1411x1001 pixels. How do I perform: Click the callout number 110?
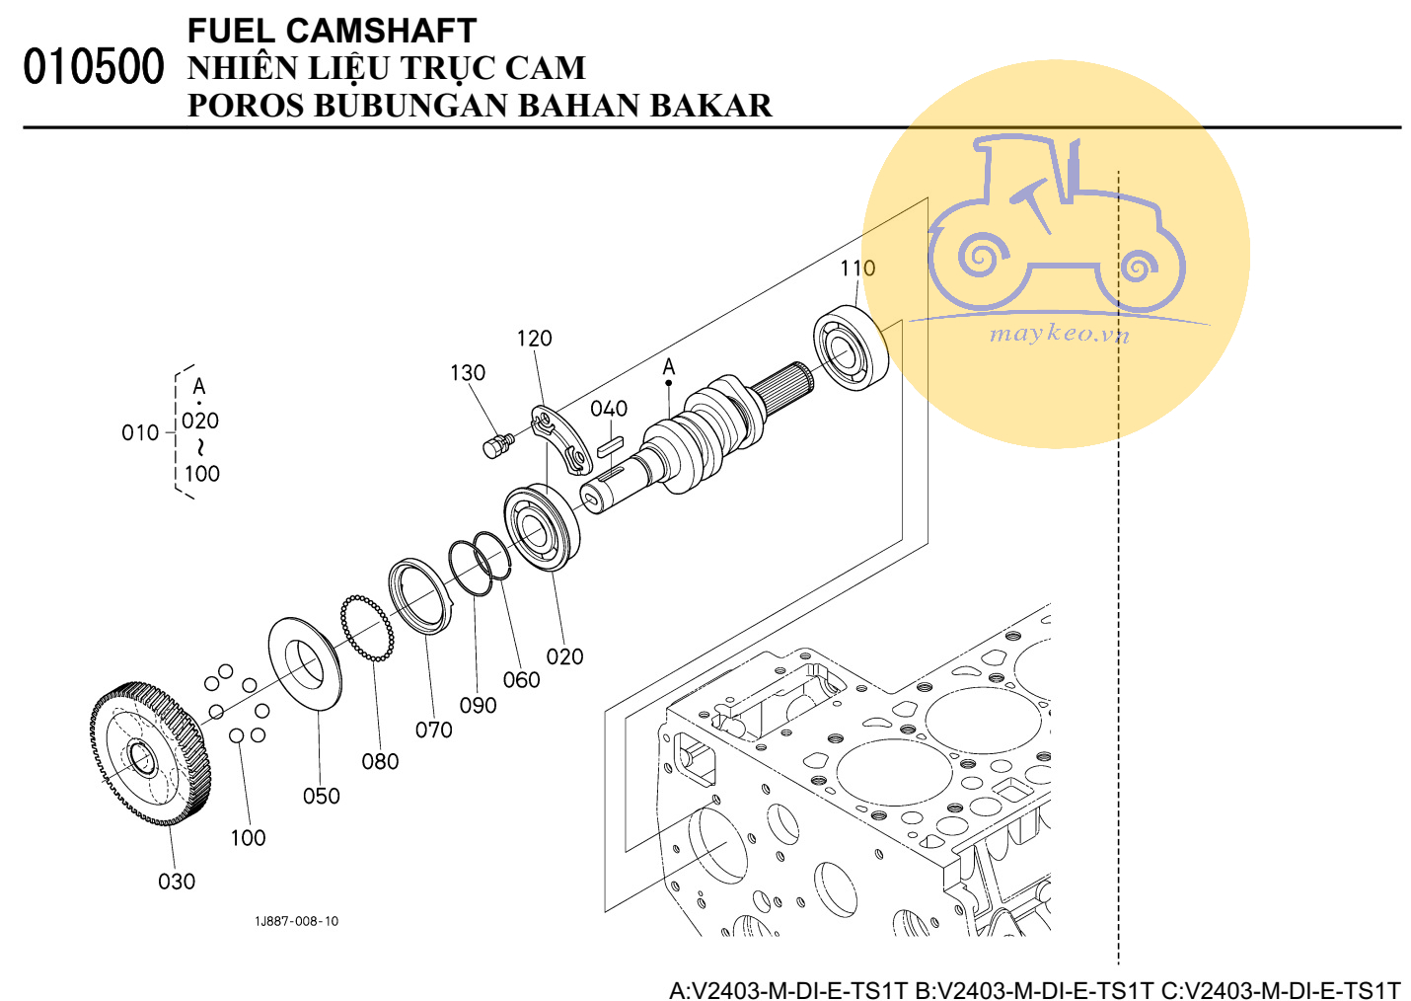856,268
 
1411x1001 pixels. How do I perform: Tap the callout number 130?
467,372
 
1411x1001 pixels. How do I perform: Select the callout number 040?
609,408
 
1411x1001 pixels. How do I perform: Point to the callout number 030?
177,881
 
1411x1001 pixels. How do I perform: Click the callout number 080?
380,761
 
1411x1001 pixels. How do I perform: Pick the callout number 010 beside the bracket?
139,432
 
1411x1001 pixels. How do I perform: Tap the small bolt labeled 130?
495,445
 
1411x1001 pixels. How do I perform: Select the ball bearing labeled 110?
851,348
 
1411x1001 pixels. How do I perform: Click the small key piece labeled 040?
609,445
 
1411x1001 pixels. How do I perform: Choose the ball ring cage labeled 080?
367,628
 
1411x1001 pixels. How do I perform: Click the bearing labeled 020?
541,528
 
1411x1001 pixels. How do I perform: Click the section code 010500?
93,67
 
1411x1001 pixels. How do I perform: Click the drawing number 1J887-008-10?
296,921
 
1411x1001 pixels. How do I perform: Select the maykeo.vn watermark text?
1058,333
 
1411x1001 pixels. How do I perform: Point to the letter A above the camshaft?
669,367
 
